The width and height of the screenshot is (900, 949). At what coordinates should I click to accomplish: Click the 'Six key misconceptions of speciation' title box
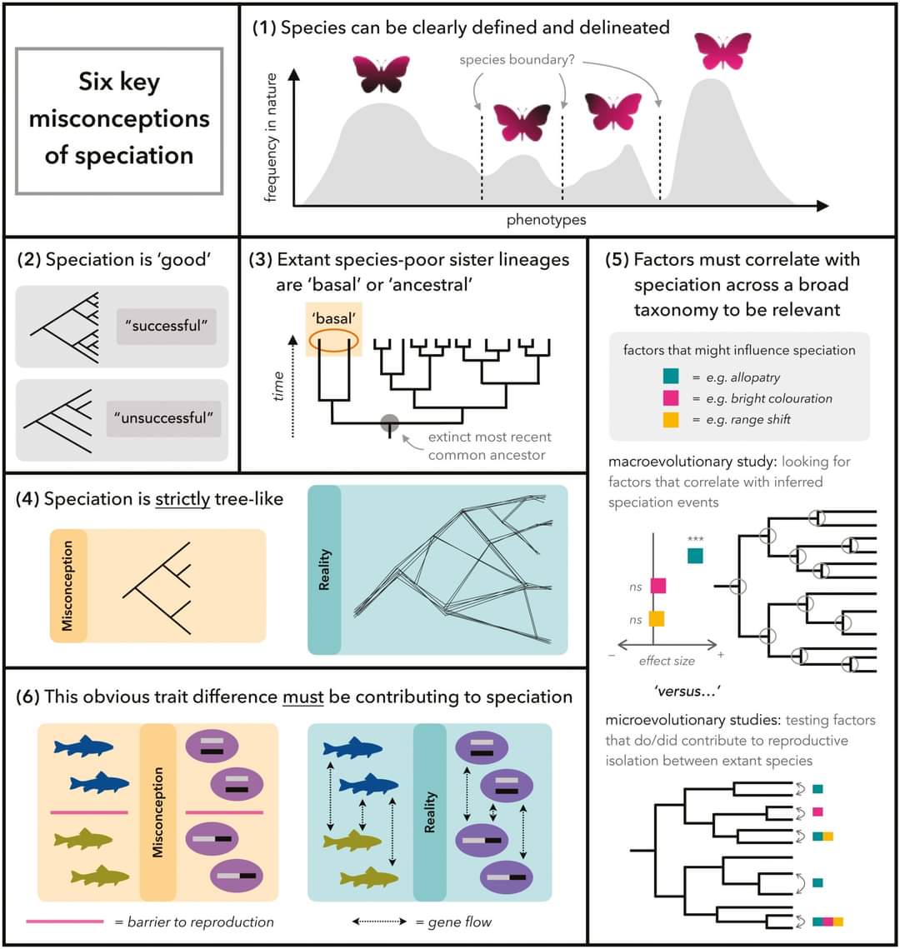119,120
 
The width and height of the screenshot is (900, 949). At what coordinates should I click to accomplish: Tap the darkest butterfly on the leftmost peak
381,73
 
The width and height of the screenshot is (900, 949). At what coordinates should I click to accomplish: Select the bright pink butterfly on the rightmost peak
722,50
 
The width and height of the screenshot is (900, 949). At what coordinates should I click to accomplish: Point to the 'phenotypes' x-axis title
546,220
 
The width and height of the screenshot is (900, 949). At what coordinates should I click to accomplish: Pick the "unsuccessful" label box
162,417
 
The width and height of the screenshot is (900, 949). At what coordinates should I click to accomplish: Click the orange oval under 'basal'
337,342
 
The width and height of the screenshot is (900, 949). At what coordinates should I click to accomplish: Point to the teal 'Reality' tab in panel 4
324,570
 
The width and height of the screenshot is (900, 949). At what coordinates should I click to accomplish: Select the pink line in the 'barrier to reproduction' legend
64,922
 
